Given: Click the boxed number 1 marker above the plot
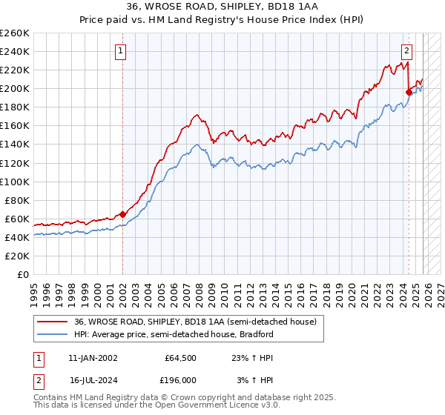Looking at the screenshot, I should [120, 51].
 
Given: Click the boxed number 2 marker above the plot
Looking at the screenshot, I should [407, 51].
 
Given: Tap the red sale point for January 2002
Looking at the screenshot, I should [122, 214].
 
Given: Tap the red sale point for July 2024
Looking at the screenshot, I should [409, 92].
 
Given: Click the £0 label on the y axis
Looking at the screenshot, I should [22, 274].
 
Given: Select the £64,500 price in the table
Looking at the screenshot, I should [180, 358].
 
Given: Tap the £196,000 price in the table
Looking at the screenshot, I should [180, 380].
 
